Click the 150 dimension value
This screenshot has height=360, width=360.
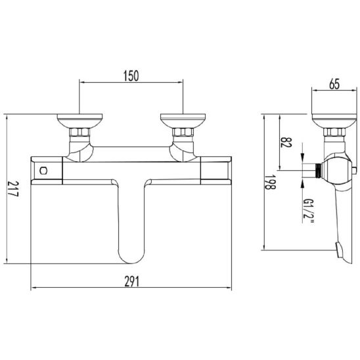pos(131,76)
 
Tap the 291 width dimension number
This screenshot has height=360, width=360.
pos(132,281)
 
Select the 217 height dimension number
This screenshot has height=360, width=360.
pos(13,189)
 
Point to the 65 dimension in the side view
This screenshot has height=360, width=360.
pos(334,84)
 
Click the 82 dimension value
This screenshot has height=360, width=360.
pos(286,143)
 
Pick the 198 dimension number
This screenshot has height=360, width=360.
pos(270,182)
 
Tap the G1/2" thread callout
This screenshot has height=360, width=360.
pos(308,212)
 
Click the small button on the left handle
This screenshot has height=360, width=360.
pos(43,171)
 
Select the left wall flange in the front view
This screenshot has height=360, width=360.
pos(79,121)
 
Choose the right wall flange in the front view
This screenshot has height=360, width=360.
pos(183,121)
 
